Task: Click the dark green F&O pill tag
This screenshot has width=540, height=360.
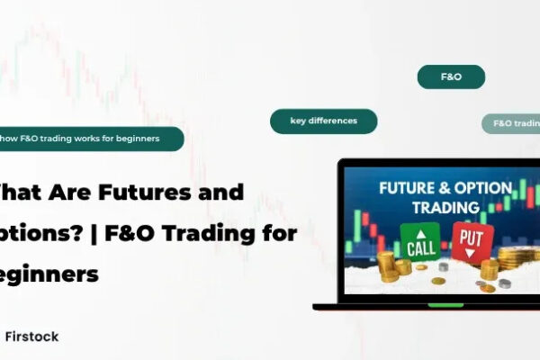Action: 451,77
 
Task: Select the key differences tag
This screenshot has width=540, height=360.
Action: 323,121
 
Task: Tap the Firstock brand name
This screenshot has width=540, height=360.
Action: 31,336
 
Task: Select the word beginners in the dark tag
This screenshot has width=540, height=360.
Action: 138,139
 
